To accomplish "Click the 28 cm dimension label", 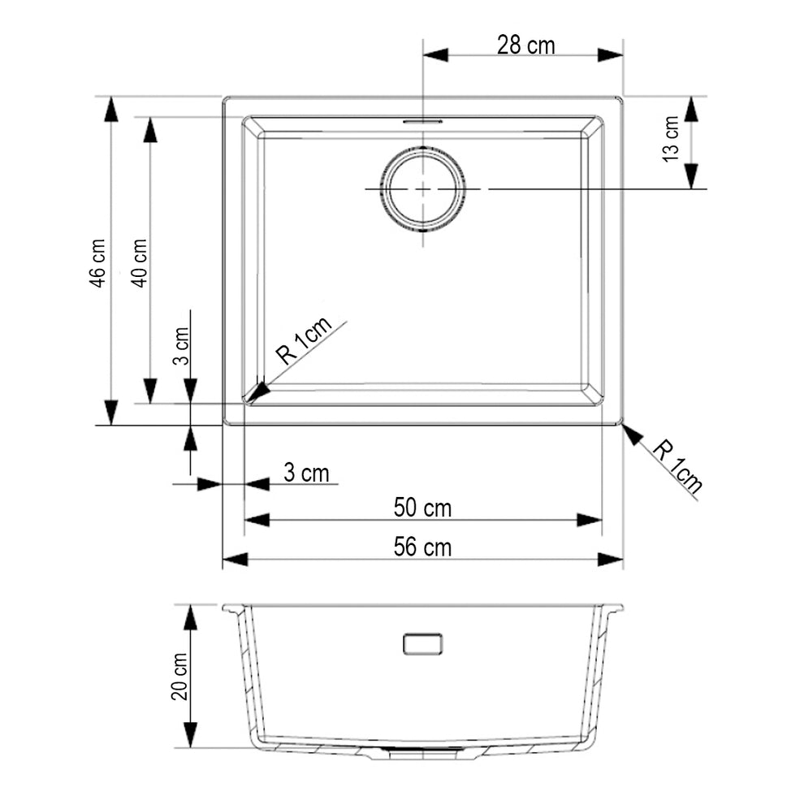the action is click(x=526, y=45).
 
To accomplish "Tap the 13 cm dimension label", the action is click(x=671, y=139).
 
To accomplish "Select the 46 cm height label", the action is click(x=97, y=263).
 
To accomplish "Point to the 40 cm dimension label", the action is click(x=139, y=263).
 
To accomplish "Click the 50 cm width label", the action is click(x=422, y=508).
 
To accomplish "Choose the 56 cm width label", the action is click(x=422, y=547).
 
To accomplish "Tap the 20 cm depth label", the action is click(x=179, y=676).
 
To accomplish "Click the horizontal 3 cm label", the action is click(x=306, y=473).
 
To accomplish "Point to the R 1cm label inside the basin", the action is click(x=304, y=339).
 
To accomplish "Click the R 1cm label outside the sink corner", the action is click(x=677, y=465).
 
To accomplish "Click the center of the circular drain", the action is click(x=423, y=189).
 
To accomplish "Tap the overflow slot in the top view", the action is click(x=422, y=121).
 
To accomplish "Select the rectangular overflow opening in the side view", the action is click(x=422, y=644).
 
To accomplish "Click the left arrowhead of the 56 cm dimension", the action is click(x=235, y=559).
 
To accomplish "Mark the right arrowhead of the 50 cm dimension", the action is click(x=590, y=520).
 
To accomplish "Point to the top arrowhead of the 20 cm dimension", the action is click(x=190, y=617).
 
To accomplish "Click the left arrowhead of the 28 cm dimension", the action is click(x=435, y=54).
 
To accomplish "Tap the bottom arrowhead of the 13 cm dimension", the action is click(x=692, y=176).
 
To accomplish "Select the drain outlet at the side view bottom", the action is click(x=422, y=752).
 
